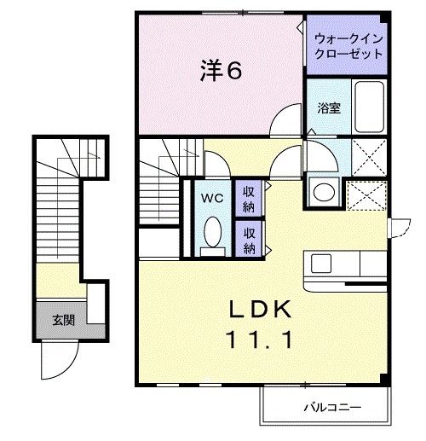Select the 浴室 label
[x=328, y=108]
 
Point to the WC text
[x=212, y=197]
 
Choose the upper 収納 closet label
[x=249, y=196]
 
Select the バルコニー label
[x=331, y=408]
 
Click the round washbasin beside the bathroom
[x=322, y=191]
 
